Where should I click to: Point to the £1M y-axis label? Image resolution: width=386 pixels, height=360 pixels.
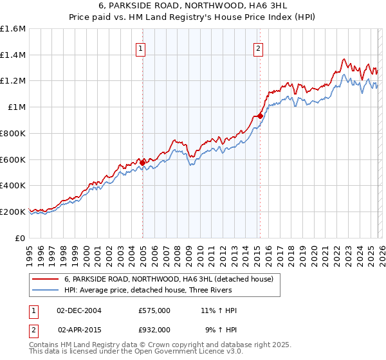16,107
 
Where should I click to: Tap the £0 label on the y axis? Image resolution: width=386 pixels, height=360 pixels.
21,238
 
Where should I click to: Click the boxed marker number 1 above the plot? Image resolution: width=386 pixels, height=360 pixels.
140,47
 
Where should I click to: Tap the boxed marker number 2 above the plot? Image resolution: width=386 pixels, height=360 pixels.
258,47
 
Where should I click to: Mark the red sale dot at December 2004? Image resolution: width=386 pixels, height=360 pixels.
143,162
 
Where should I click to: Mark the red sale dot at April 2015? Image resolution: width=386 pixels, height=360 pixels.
260,116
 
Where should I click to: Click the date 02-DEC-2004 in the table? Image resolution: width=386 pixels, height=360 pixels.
79,310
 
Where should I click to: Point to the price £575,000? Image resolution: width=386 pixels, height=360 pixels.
154,310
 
